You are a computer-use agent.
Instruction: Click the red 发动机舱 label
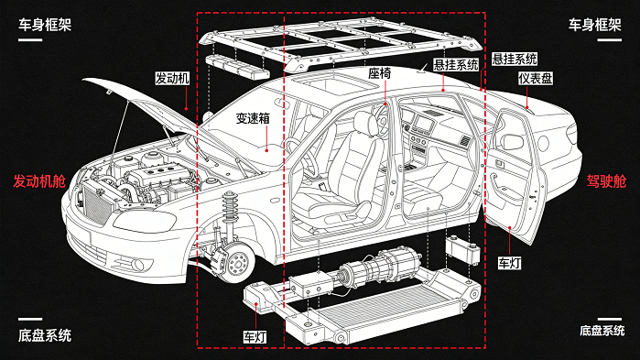39,181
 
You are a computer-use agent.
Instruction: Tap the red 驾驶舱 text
606,181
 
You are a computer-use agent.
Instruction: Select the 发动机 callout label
172,78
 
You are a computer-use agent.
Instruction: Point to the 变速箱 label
253,118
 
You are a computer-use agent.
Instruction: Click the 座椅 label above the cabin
380,73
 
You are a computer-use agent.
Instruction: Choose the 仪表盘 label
536,79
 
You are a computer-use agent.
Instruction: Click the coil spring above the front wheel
230,208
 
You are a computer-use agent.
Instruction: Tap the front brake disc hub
237,263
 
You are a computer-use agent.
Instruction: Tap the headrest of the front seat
365,122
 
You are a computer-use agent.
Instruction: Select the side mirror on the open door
511,141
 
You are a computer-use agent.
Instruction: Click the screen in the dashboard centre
423,124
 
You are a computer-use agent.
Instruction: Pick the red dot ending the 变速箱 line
266,150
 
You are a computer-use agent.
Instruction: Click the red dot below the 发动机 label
186,109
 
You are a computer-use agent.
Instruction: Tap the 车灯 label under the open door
509,263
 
